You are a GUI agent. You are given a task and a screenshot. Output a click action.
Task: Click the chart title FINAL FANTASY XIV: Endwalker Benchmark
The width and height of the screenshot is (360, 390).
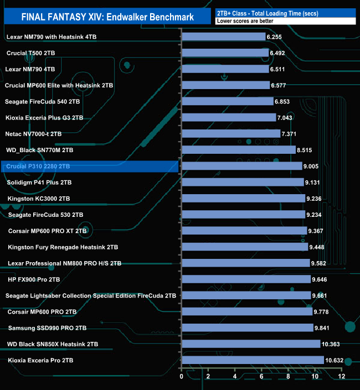coord(107,17)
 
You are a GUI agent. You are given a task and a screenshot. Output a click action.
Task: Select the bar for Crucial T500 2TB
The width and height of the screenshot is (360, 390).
coord(224,53)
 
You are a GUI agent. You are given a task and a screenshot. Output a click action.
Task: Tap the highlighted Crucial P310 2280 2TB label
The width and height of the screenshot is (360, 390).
coord(38,166)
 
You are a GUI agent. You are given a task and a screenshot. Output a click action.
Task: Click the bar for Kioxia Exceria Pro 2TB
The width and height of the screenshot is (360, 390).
coord(253,360)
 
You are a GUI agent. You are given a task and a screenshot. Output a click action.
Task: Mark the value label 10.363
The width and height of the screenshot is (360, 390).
coord(332,344)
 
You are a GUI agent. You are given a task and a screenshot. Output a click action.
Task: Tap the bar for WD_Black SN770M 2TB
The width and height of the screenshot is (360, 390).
coord(238,150)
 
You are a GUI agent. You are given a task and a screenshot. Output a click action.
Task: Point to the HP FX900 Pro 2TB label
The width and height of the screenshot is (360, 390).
coord(34,279)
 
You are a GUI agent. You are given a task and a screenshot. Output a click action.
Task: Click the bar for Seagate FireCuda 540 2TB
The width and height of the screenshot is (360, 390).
coord(227,102)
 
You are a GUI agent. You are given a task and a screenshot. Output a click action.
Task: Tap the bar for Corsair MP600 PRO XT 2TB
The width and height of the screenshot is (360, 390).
coord(244,231)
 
